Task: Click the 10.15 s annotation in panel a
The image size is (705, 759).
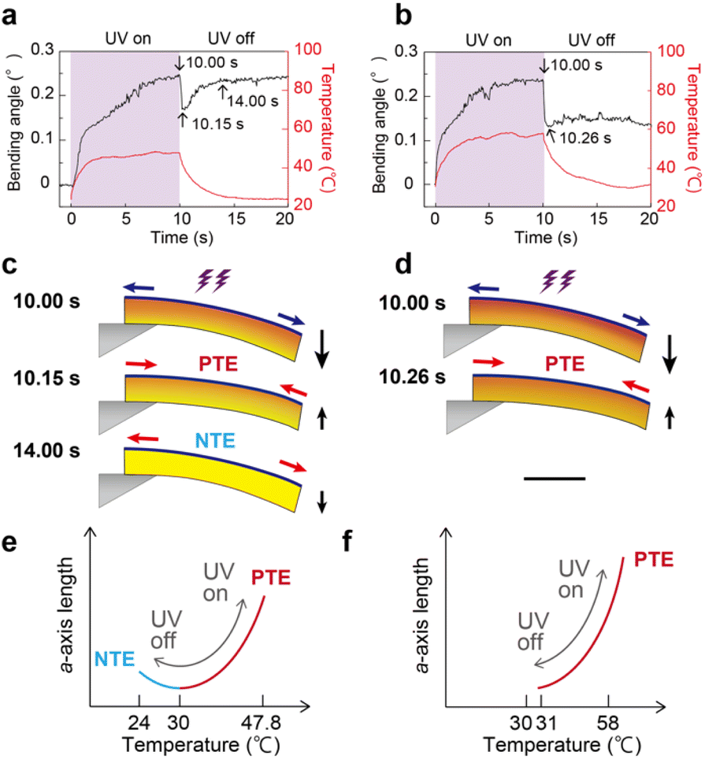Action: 218,124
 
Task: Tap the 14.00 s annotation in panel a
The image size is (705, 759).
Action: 253,101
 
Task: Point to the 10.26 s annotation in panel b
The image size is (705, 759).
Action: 585,139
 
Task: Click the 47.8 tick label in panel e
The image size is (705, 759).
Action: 262,723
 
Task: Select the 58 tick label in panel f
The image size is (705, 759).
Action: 607,724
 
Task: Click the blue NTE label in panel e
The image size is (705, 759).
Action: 114,659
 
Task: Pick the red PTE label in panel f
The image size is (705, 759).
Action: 654,560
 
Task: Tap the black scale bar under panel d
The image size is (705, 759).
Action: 555,479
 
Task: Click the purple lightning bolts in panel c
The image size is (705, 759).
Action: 213,281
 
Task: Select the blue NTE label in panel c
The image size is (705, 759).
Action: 215,440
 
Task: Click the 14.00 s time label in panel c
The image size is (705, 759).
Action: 46,450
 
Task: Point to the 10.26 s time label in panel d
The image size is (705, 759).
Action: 411,376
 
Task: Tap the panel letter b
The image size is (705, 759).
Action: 403,15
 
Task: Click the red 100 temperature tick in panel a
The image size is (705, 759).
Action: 308,49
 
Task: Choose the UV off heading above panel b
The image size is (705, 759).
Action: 592,40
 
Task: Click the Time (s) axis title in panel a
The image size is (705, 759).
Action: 182,238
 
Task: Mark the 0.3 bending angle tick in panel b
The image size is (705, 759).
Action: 406,51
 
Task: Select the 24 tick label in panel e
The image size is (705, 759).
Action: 139,723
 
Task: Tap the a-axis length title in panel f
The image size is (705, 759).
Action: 422,615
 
